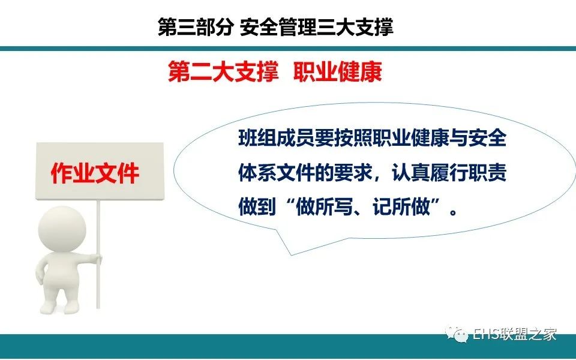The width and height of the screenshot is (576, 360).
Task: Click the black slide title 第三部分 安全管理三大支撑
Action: coord(275,27)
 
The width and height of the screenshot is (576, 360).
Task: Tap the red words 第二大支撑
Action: coord(223,71)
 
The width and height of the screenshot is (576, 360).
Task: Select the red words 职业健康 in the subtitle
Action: coord(338,71)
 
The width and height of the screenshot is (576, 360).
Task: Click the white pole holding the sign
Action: coord(98,253)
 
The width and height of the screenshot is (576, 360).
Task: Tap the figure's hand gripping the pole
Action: coord(97,259)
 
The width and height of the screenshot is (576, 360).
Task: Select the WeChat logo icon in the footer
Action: coord(456,335)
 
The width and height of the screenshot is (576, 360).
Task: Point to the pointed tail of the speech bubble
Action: coord(292,254)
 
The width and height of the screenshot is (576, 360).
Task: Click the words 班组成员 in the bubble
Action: coord(276,139)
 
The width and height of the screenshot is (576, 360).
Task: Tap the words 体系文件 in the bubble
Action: coord(276,173)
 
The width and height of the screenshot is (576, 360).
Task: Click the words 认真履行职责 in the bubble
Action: coord(449,173)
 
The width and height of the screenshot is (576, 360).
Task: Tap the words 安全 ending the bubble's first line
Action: coord(488,139)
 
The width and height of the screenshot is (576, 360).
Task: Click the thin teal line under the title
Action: coord(288,49)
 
